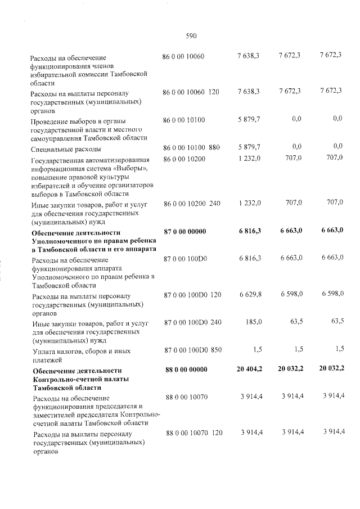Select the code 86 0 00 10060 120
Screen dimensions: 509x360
point(191,91)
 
